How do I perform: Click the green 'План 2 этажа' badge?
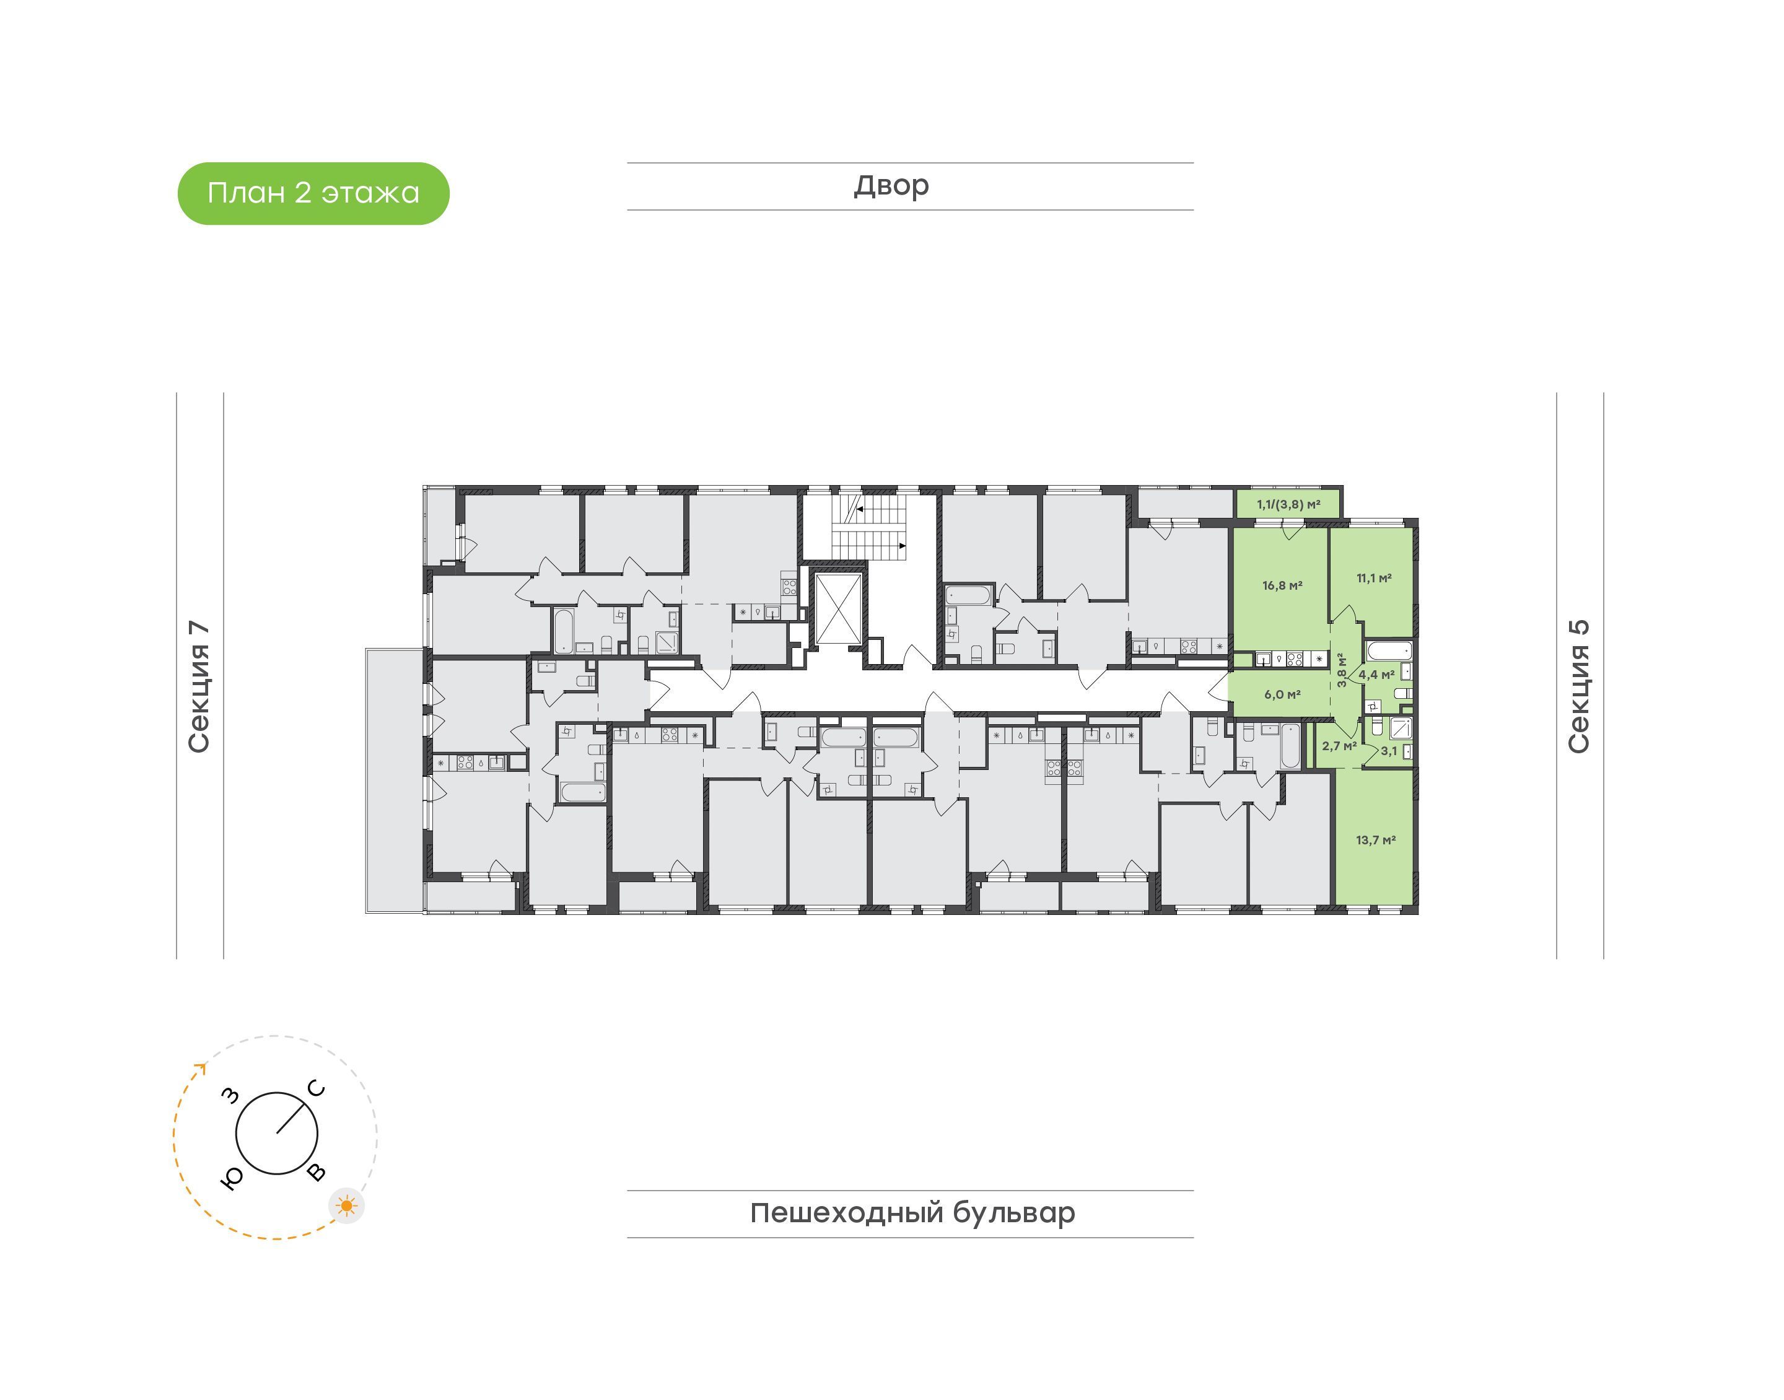pos(313,193)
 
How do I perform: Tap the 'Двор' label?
pos(891,186)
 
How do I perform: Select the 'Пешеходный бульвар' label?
pos(912,1213)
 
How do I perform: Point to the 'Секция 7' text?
pos(199,686)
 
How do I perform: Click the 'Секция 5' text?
pos(1578,686)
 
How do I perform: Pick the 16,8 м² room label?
pos(1282,585)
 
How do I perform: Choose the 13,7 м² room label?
pos(1375,840)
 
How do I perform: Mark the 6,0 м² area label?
pos(1282,694)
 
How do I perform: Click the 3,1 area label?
pos(1389,751)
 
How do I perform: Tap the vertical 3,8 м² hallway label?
pos(1342,670)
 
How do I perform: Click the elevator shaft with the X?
pos(838,608)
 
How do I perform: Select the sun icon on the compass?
pos(347,1205)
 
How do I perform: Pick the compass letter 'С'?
pos(317,1088)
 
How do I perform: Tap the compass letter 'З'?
pos(231,1095)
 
